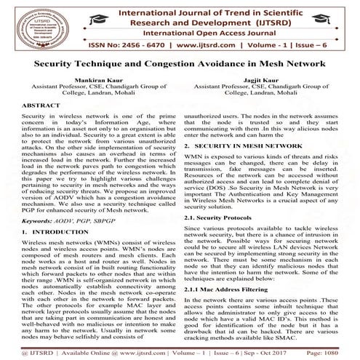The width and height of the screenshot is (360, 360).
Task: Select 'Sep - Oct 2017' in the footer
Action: coord(267,350)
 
